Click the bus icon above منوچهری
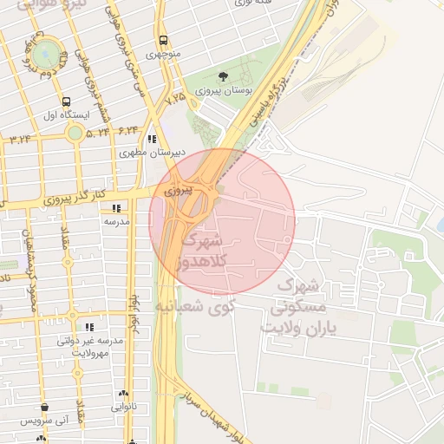[163, 41]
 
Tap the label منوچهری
[164, 55]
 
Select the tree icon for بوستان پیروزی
[225, 77]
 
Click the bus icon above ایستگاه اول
[67, 101]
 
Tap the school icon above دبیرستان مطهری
[152, 139]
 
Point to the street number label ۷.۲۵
[176, 99]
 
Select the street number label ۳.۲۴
[21, 137]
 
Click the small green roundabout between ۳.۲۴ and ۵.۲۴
[75, 133]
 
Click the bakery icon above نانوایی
[124, 393]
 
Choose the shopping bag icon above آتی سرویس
[44, 407]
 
